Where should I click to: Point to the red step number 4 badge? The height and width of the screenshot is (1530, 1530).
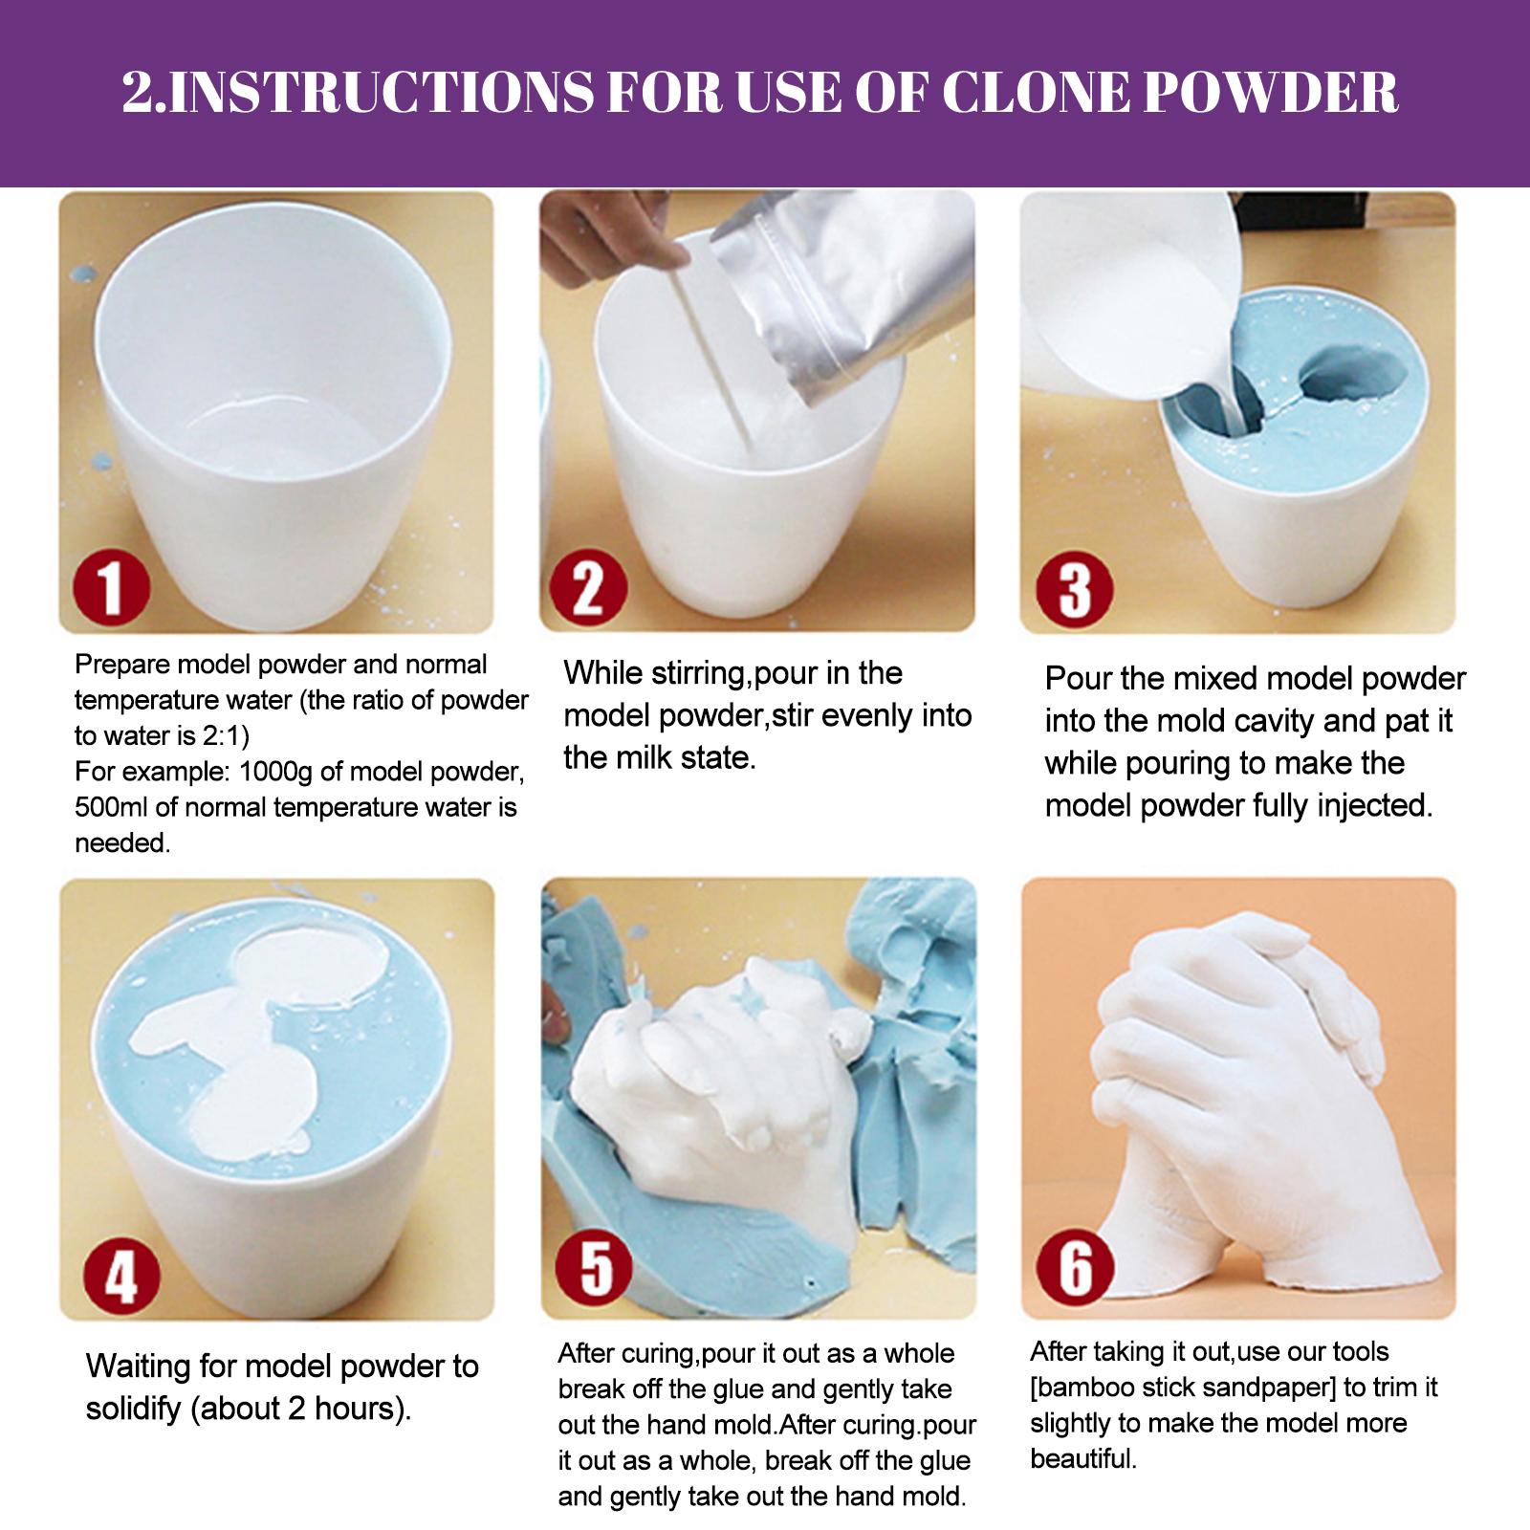(x=121, y=1274)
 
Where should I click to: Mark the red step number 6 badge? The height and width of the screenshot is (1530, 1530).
(x=1076, y=1268)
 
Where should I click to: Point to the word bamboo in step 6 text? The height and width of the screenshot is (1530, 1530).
(x=1090, y=1388)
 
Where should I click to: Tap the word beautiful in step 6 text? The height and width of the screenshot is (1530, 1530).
(x=1083, y=1459)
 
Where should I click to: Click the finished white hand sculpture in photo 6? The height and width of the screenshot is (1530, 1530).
(x=1243, y=1100)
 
